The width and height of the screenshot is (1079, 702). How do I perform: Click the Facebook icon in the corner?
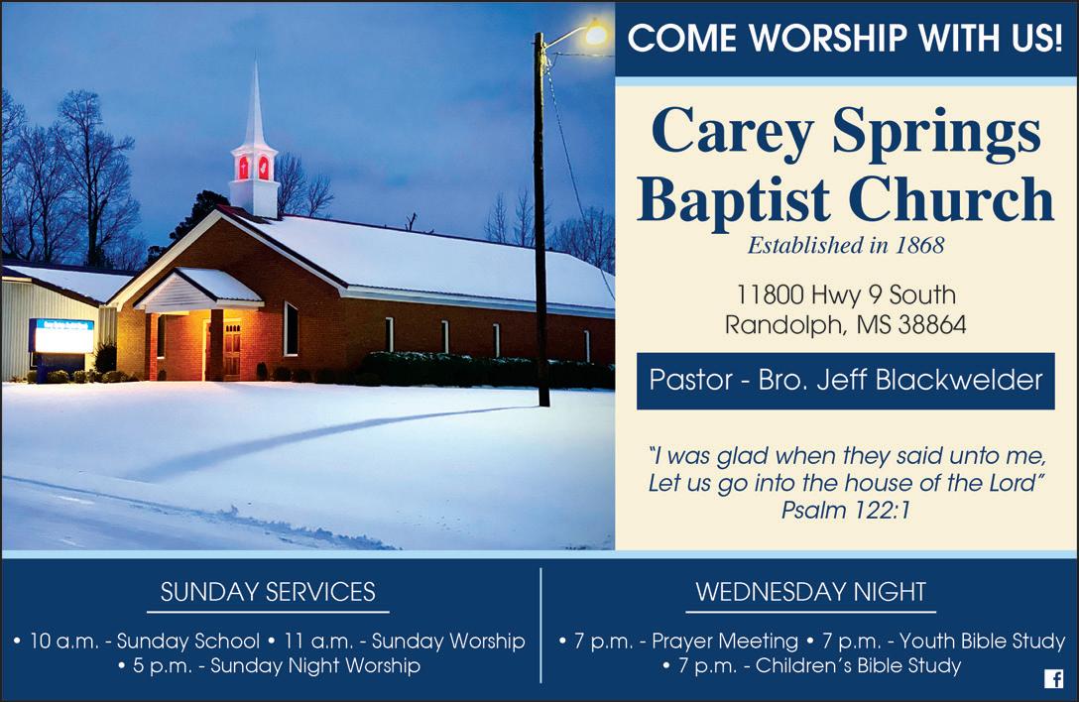coord(1053,678)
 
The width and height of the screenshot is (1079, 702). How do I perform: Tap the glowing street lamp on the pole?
coord(595,33)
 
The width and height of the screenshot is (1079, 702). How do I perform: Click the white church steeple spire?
coord(255,103)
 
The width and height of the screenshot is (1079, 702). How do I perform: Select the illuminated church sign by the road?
coord(61,336)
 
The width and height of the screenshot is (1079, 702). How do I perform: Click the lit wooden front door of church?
coord(232,350)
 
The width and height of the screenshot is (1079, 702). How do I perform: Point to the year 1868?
coord(919,245)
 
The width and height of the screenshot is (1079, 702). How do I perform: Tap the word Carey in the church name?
coord(733,132)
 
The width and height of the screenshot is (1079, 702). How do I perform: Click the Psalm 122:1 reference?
coord(846,510)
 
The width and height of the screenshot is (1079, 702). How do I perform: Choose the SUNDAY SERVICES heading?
coord(268,592)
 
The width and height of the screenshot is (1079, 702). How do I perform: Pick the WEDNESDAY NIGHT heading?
coord(810,592)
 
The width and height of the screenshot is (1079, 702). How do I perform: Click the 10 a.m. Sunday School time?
coord(137,641)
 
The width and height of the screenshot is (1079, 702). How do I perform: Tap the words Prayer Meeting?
coord(725,641)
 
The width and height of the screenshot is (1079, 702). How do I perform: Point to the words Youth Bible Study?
coord(982,641)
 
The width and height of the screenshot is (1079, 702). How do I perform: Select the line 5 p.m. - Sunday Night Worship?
coord(269,665)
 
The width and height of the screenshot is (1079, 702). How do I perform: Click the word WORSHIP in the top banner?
coord(828,38)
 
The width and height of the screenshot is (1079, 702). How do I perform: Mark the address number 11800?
coord(770,294)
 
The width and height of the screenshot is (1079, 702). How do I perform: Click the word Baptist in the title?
coord(734,200)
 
